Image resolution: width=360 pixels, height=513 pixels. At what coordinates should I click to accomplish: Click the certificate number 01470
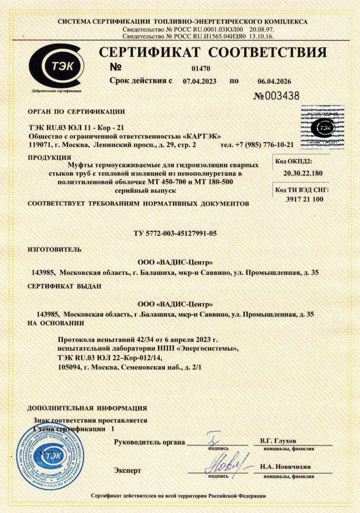(x=201, y=68)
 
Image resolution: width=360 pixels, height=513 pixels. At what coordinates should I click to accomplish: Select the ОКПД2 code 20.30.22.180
(x=303, y=173)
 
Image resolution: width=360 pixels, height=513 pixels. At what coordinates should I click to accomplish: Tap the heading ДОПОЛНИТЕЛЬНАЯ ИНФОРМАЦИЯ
(x=87, y=408)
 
